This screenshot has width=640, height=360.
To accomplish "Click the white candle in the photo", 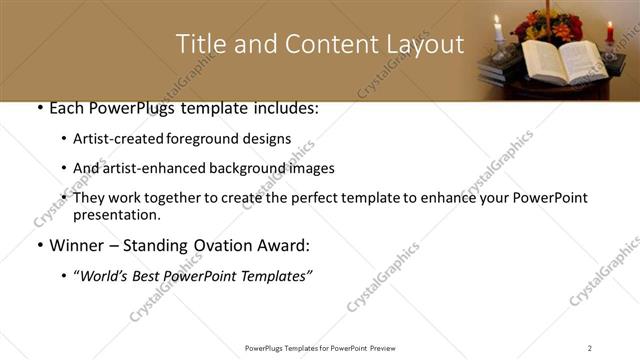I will (x=498, y=31).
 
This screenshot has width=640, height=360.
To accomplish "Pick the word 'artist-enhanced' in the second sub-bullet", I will (x=156, y=168).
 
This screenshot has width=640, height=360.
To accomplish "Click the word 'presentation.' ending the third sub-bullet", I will (x=116, y=215).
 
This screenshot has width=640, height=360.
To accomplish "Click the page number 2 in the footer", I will (x=590, y=348).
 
